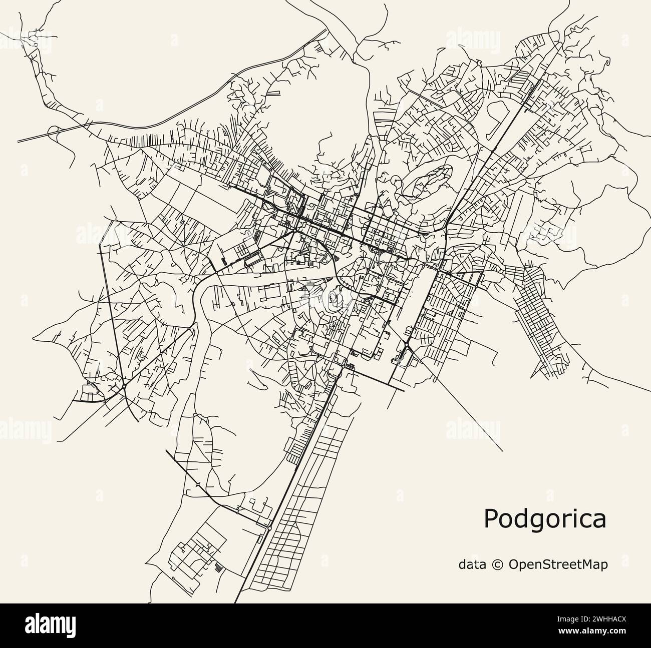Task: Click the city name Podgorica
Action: tap(544, 519)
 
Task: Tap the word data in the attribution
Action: tap(472, 564)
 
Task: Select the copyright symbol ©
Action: tap(498, 564)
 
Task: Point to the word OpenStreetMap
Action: tap(558, 564)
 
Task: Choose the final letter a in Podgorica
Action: tap(599, 520)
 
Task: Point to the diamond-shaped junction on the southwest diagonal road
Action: tap(199, 484)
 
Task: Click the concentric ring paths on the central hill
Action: tap(334, 299)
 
